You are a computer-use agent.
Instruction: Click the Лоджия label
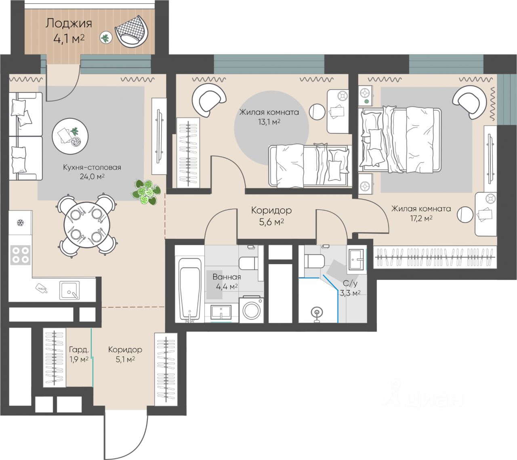pos(69,23)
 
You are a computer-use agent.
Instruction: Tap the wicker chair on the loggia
pos(132,32)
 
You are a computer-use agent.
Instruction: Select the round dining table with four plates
pos(87,225)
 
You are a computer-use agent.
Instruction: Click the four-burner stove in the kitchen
pos(21,254)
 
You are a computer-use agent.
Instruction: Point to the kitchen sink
pos(69,290)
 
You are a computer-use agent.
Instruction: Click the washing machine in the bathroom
pos(251,309)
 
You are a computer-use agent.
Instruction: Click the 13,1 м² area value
pos(269,122)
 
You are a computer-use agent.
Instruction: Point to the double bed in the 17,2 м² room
pos(400,140)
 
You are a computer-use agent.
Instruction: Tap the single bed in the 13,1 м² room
pos(310,165)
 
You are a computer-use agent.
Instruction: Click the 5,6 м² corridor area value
pos(271,222)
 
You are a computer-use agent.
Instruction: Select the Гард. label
pos(79,349)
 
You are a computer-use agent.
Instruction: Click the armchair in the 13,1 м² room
pos(209,100)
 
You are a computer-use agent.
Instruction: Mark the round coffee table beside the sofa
pos(70,136)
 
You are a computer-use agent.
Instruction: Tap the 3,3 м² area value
pos(350,293)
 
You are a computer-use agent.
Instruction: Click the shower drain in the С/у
pos(317,312)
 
